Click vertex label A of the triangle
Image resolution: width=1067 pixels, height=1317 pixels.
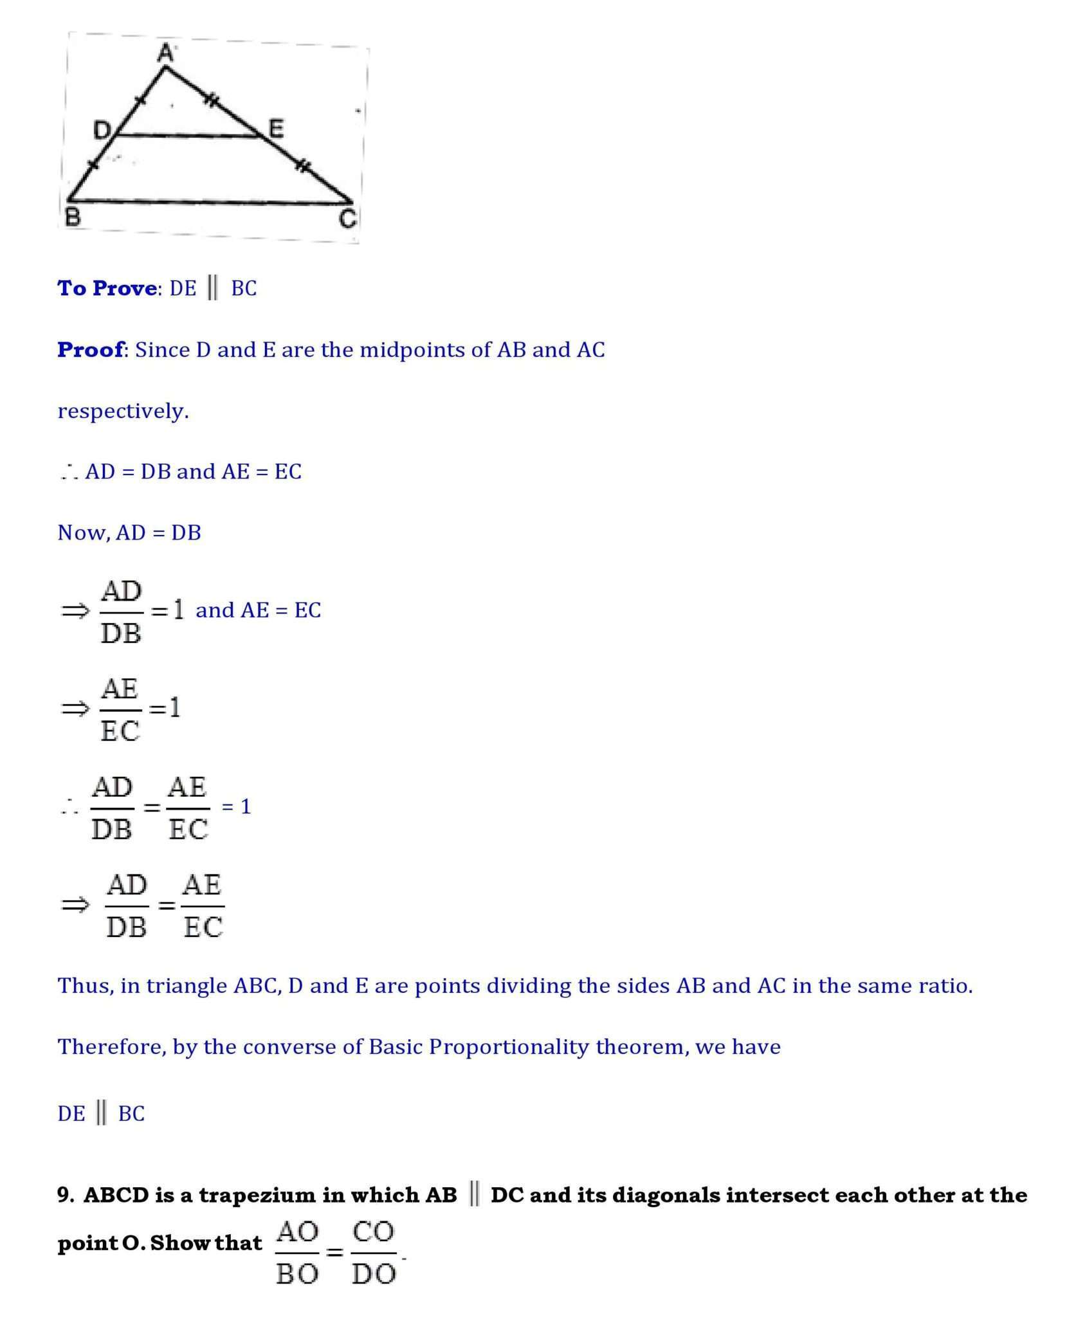point(166,53)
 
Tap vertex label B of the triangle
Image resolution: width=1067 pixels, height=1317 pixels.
point(73,217)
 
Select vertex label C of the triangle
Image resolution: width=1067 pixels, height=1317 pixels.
point(347,219)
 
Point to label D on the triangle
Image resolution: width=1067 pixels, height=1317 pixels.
point(102,131)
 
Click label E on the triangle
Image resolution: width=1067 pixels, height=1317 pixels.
point(276,129)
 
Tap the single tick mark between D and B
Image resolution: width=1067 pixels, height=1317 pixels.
point(93,164)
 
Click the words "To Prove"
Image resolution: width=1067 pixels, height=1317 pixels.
point(107,288)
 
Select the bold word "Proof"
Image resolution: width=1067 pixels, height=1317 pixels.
point(91,350)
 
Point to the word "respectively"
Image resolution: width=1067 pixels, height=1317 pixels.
point(122,411)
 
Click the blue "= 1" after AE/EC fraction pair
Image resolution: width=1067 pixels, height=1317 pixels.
point(236,806)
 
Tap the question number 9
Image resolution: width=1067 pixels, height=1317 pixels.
point(65,1195)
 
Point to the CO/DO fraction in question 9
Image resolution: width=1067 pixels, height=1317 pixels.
point(374,1252)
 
